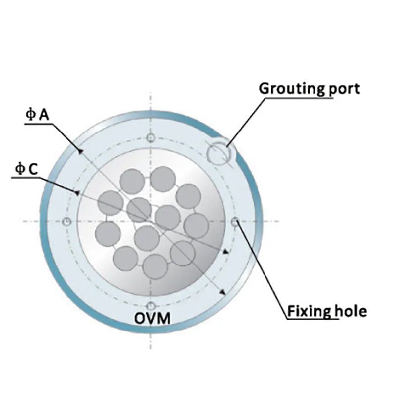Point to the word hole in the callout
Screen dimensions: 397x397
click(350, 311)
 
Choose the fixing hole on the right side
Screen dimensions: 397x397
click(235, 222)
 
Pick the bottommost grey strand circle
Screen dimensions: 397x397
click(155, 266)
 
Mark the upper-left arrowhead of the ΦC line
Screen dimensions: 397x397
click(76, 191)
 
